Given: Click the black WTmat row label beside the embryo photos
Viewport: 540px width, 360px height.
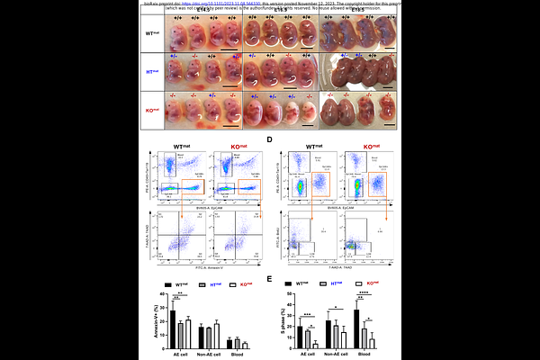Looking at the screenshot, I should click(x=153, y=33).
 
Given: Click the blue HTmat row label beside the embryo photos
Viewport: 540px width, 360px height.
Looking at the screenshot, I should click(x=153, y=71).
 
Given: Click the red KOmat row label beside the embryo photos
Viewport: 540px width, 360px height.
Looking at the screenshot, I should click(x=153, y=110).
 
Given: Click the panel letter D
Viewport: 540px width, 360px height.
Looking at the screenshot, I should click(x=270, y=140).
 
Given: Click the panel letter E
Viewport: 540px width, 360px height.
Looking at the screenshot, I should click(x=270, y=280).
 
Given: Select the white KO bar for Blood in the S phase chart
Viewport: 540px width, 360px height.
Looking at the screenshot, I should click(x=372, y=343).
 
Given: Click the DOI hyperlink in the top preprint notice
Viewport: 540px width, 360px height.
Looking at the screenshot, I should click(x=239, y=3).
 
